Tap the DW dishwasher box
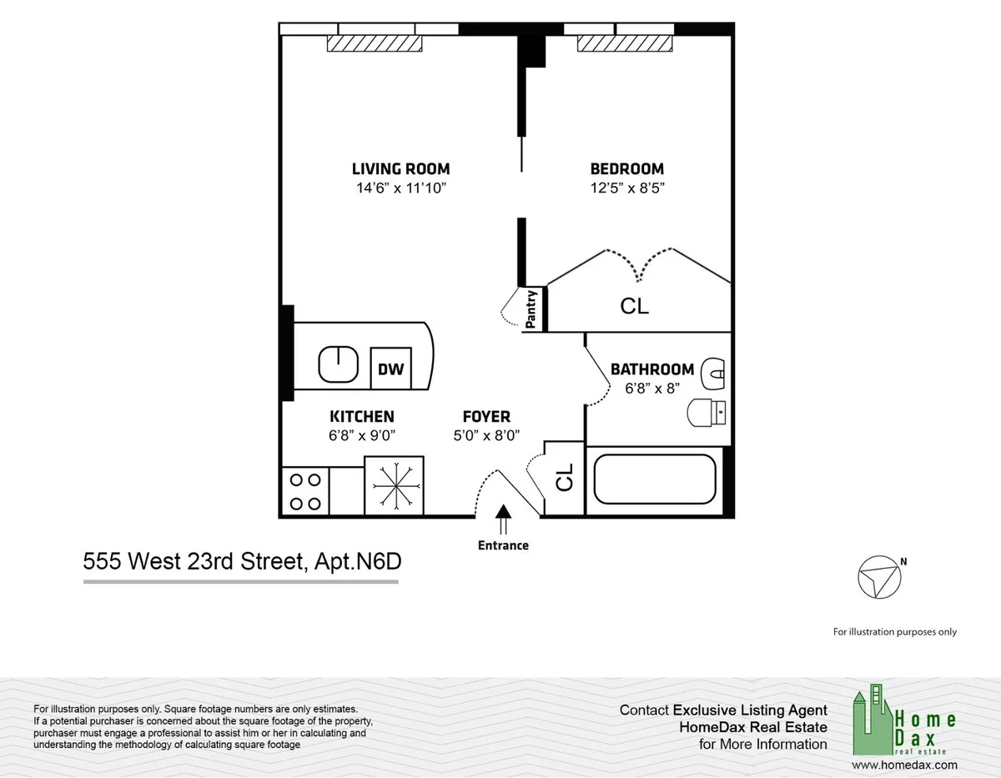[390, 368]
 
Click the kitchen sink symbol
[339, 364]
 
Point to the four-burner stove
[304, 491]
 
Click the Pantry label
[531, 309]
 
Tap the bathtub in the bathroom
[655, 483]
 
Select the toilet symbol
[707, 412]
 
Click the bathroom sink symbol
[714, 373]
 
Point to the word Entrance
[503, 545]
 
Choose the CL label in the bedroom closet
[634, 306]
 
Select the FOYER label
[486, 416]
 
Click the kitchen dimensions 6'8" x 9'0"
[361, 434]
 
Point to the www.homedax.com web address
[905, 764]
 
